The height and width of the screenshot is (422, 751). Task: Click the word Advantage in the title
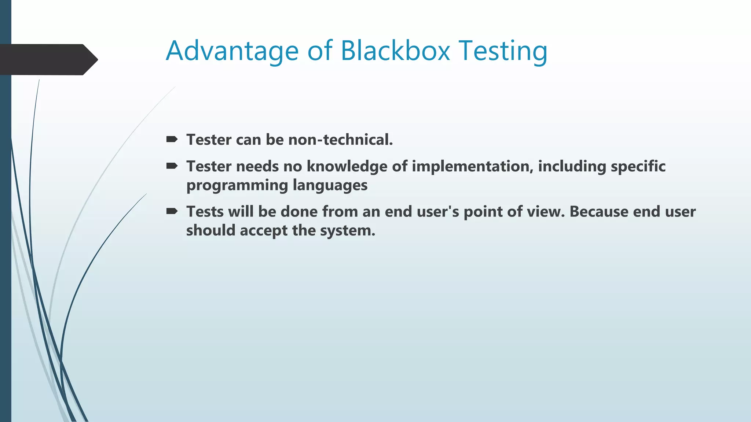[x=232, y=51]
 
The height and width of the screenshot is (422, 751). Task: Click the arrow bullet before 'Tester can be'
[x=172, y=139]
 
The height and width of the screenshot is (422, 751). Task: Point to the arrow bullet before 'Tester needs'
[x=172, y=166]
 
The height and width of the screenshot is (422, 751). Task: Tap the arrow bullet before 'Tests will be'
[x=172, y=211]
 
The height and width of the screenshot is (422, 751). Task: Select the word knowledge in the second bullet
[x=347, y=167]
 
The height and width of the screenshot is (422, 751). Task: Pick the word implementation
[x=472, y=167]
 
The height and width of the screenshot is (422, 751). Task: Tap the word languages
[x=330, y=185]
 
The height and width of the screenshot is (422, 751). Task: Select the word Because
[x=599, y=212]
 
